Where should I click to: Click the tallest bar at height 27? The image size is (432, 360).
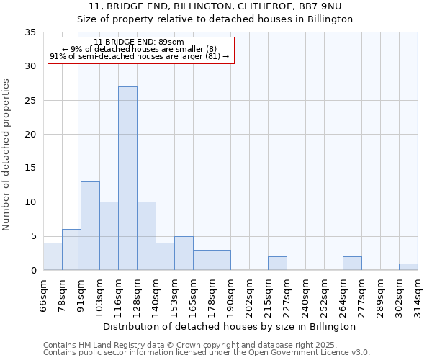click(x=127, y=179)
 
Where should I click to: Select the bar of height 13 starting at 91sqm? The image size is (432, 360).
click(x=90, y=226)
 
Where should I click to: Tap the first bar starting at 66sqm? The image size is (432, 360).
click(x=53, y=256)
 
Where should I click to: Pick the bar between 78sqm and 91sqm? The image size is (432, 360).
click(x=71, y=250)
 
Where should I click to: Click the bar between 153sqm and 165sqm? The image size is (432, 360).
click(x=184, y=253)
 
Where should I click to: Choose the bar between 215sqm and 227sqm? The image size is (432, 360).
click(x=277, y=264)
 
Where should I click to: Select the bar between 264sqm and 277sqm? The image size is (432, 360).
click(x=352, y=264)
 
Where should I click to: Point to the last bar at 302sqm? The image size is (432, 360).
click(x=408, y=267)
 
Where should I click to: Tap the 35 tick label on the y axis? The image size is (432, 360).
click(x=30, y=32)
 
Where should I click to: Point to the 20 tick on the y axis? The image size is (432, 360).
click(x=30, y=135)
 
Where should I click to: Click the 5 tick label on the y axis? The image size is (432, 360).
click(x=33, y=237)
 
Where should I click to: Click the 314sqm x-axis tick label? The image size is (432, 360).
click(x=418, y=295)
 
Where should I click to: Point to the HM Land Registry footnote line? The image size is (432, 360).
click(x=205, y=345)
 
